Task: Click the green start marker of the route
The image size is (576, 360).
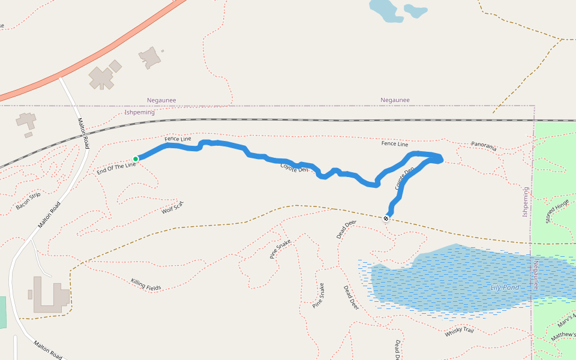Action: (136, 158)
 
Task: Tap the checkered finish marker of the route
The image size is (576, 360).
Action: (386, 218)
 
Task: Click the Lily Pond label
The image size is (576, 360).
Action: (504, 287)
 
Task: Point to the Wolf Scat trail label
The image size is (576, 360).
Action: (172, 208)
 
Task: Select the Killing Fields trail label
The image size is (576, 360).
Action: (146, 284)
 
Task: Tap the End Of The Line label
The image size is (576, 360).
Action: (116, 168)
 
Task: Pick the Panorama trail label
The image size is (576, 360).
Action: (484, 145)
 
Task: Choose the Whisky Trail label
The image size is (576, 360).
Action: (460, 331)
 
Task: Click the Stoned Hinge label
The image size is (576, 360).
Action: (557, 211)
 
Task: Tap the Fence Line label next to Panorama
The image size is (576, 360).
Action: (394, 144)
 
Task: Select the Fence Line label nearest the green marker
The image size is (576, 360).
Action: (178, 139)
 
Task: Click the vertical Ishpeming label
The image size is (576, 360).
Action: (526, 202)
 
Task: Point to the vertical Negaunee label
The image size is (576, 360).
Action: (536, 275)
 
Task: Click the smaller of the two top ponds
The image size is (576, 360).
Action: (415, 11)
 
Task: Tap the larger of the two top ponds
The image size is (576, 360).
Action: (384, 10)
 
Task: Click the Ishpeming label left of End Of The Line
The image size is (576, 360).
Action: (139, 112)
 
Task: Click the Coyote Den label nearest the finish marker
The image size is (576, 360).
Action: (405, 179)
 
